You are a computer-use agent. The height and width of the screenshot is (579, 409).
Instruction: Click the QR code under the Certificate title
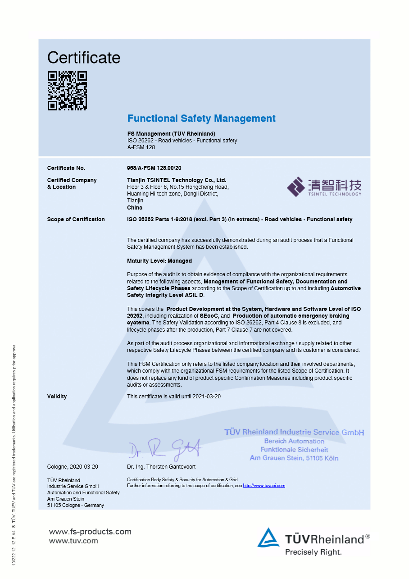point(67,91)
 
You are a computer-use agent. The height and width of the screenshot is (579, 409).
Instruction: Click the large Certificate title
point(84,58)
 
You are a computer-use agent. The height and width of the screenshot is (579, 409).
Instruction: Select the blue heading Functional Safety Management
point(201,119)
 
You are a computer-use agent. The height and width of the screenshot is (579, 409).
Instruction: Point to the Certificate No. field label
point(66,168)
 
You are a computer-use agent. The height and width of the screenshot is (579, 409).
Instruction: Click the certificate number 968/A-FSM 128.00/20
point(154,168)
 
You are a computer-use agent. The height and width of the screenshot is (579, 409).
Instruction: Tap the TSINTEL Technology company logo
point(324,187)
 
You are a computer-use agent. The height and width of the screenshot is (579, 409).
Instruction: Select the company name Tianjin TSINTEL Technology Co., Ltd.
point(177,180)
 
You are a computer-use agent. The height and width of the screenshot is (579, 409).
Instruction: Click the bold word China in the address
point(135,208)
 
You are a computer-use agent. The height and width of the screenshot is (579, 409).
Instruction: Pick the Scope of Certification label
point(76,219)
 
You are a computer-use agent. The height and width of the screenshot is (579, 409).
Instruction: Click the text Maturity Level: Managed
point(159,261)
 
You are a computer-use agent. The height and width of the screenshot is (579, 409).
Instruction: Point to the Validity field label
point(57,397)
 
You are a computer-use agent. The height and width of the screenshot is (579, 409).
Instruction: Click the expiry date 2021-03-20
point(207,397)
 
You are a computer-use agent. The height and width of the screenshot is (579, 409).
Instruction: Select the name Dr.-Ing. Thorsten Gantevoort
point(161,467)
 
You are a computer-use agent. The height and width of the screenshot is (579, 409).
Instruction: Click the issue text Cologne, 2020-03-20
point(73,467)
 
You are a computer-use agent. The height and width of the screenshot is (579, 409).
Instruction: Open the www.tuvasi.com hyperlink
point(264,486)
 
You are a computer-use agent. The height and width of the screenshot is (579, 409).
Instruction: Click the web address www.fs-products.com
point(90,532)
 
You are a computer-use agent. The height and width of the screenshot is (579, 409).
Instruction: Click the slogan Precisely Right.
point(313,552)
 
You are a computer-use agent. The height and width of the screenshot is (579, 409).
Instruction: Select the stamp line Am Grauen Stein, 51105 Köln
point(294,458)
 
